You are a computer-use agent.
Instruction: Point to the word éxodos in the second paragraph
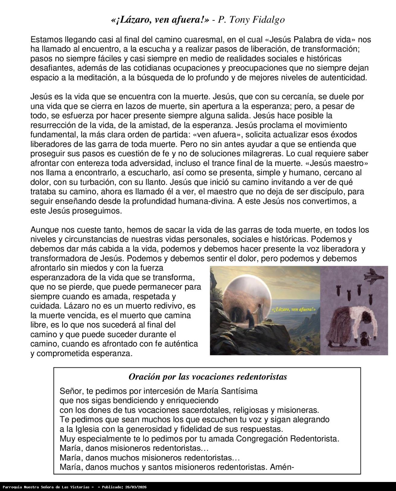[344, 134]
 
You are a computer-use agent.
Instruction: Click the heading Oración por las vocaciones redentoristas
[208, 377]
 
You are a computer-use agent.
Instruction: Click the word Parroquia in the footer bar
[12, 487]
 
